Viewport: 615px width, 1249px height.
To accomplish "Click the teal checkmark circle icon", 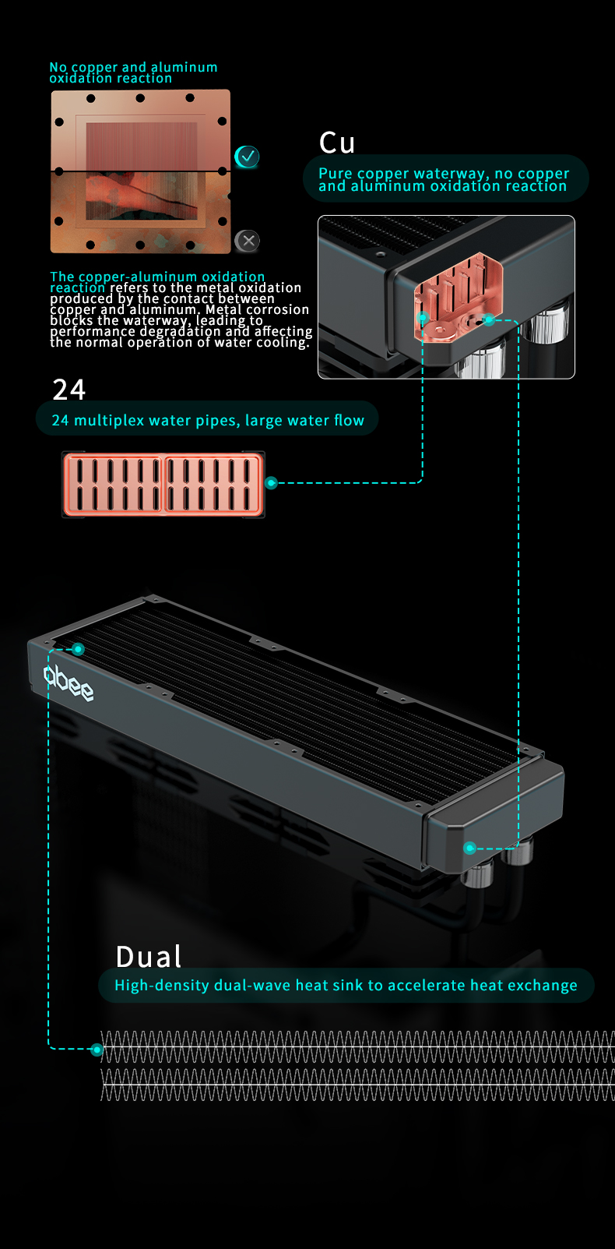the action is point(247,157).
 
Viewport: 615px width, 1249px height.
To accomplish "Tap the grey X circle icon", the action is point(248,241).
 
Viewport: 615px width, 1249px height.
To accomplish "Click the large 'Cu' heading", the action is point(337,143).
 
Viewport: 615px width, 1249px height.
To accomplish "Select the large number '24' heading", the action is point(69,390).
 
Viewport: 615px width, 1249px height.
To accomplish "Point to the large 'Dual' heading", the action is point(149,957).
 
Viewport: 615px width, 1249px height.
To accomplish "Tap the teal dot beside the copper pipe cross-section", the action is point(271,483).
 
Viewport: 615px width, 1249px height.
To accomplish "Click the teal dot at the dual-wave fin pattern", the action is point(97,1050).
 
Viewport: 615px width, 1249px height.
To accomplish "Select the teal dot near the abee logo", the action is point(79,649).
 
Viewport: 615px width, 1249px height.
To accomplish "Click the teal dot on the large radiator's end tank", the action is point(469,848).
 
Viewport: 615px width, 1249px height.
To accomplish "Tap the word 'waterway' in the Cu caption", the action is point(451,174).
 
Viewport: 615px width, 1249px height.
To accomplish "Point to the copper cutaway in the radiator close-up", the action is point(459,297).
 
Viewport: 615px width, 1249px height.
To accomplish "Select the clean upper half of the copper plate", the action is point(140,130).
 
